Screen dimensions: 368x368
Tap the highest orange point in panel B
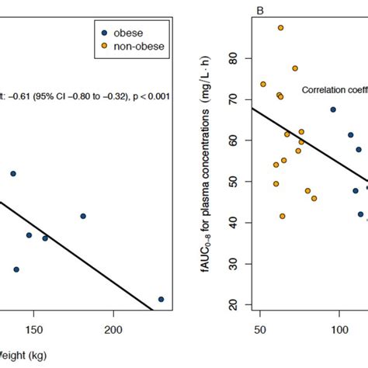coord(281,28)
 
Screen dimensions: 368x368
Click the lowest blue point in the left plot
coord(161,299)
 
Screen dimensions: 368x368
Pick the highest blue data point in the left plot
coord(12,174)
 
